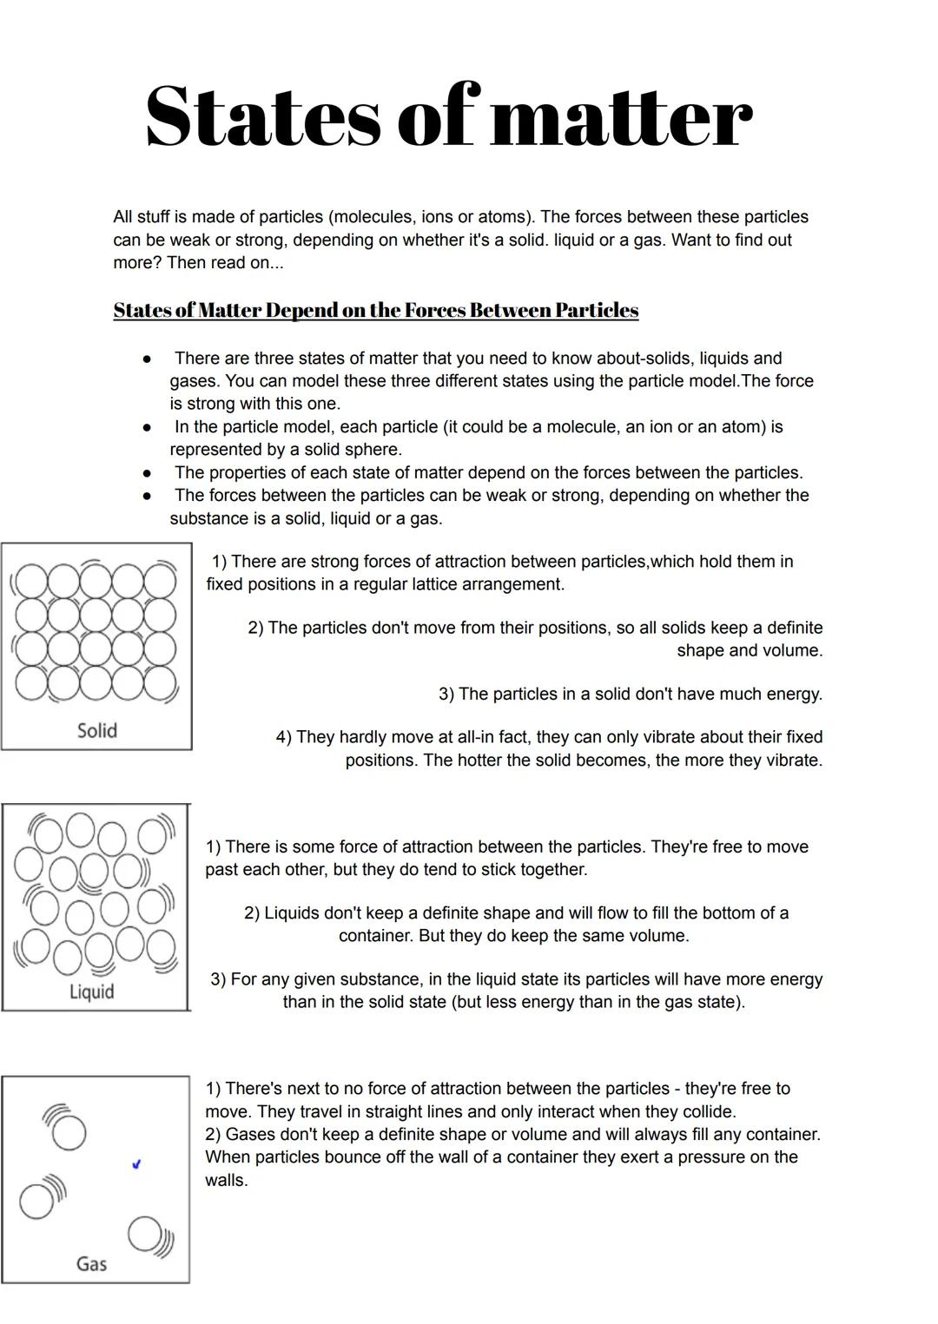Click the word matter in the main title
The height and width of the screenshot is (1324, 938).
click(x=620, y=117)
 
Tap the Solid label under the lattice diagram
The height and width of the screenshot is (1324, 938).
click(x=96, y=730)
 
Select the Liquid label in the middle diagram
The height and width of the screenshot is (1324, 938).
click(x=91, y=991)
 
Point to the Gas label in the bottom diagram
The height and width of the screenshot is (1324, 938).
click(x=91, y=1263)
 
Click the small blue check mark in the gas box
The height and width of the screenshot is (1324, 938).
click(x=135, y=1164)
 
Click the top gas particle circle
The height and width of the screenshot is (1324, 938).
click(x=69, y=1133)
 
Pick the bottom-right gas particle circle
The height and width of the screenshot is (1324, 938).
click(x=144, y=1233)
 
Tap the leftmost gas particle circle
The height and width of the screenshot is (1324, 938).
click(x=36, y=1202)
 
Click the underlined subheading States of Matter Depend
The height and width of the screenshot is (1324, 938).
click(x=375, y=311)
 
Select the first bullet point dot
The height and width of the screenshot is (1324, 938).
click(x=148, y=359)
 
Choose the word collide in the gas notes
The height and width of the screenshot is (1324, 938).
click(x=705, y=1111)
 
